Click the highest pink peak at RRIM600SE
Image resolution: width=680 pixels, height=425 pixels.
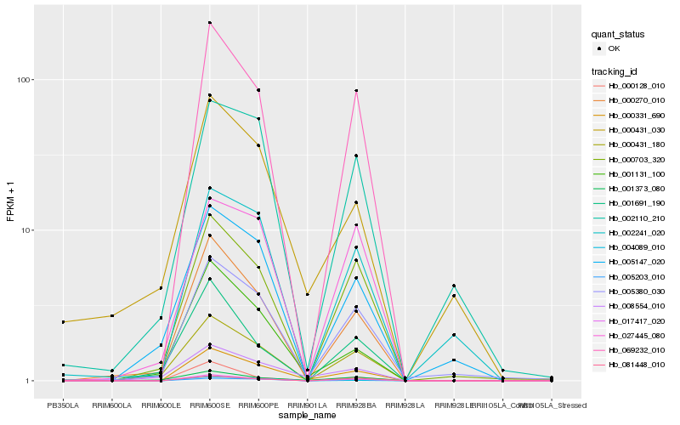tap(209, 23)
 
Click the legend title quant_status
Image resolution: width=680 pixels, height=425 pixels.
tap(620, 35)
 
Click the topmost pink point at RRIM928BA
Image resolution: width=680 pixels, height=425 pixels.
tap(356, 90)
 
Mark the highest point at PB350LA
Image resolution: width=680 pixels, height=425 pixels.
tap(63, 322)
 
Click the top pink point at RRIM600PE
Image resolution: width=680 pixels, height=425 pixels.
tap(258, 89)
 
